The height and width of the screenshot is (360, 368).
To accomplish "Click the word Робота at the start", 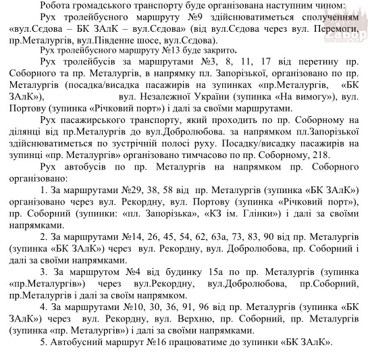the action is pos(57,5).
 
